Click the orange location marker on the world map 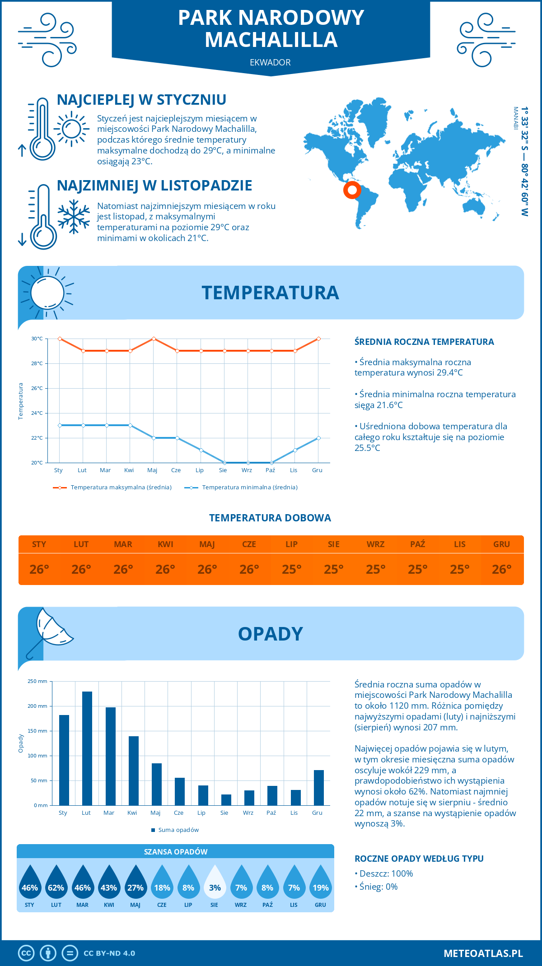(352, 190)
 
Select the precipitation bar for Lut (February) (87, 748)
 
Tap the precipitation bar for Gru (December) (319, 788)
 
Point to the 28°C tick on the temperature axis (37, 363)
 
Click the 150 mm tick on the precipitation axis (37, 731)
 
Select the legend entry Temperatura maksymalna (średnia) (121, 488)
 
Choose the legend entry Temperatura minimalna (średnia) (249, 488)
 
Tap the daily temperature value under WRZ (375, 569)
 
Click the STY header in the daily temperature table (39, 544)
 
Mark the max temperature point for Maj (154, 339)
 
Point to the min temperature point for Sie (224, 463)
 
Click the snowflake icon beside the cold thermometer (74, 217)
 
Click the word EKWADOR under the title (270, 63)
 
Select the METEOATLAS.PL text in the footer (483, 953)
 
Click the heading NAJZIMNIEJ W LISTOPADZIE (154, 186)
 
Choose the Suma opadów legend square (154, 830)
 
